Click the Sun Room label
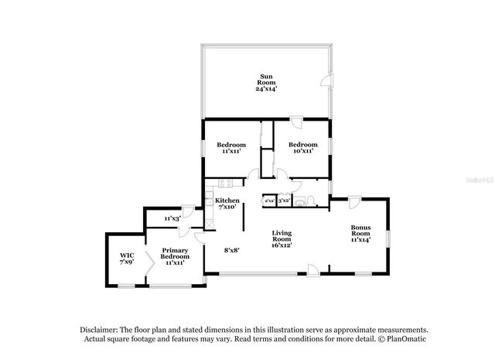click(266, 79)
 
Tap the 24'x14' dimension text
click(266, 89)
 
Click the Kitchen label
click(227, 201)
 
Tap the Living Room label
click(282, 236)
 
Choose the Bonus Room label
click(360, 230)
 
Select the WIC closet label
click(127, 255)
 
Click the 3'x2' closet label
click(284, 201)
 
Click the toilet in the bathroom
click(308, 201)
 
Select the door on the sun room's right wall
click(328, 80)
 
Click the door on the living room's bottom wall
click(312, 269)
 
